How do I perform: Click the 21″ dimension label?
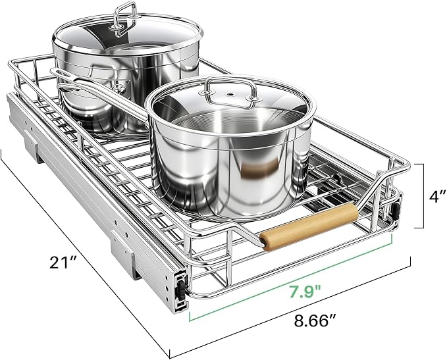point(63,262)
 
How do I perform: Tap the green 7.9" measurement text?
point(305,292)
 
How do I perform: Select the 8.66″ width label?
point(314,321)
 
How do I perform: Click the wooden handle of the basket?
point(309,226)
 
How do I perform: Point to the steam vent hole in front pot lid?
point(229,93)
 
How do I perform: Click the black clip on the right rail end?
point(396,209)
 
